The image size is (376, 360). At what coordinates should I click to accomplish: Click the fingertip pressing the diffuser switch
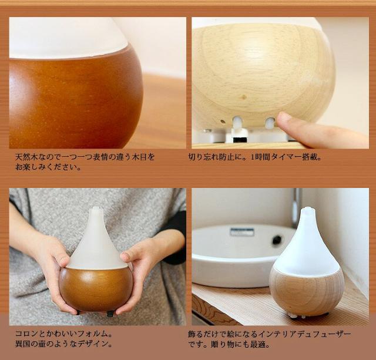point(284,121)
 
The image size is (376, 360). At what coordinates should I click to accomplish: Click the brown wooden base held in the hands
point(95,288)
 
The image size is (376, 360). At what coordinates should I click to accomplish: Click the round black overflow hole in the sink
point(277,240)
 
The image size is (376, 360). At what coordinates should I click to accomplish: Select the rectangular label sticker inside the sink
point(242,231)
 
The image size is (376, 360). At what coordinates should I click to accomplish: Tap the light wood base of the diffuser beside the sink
point(307,291)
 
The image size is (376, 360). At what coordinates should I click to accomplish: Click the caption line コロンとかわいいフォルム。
point(64,334)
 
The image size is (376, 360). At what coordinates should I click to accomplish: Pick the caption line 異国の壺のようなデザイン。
point(64,344)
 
